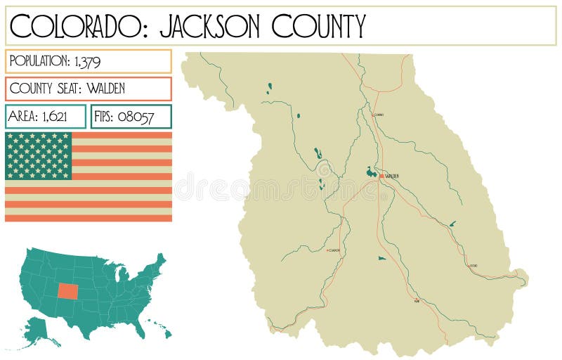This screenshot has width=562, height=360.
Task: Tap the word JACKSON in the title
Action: coord(203,26)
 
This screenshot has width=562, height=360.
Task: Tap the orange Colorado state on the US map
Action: coord(69,290)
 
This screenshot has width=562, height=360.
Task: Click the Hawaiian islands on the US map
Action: coord(159,330)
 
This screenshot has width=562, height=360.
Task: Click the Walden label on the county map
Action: coord(392,176)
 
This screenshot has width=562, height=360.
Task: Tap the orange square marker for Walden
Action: coord(381,176)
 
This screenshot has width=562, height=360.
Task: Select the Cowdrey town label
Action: coord(379,114)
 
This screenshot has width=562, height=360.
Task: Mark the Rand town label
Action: coord(417,301)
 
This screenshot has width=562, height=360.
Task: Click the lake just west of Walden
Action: coord(370,171)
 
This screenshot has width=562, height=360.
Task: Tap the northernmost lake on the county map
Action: coord(269,89)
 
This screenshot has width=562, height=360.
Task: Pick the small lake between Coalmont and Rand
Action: coord(381,258)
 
